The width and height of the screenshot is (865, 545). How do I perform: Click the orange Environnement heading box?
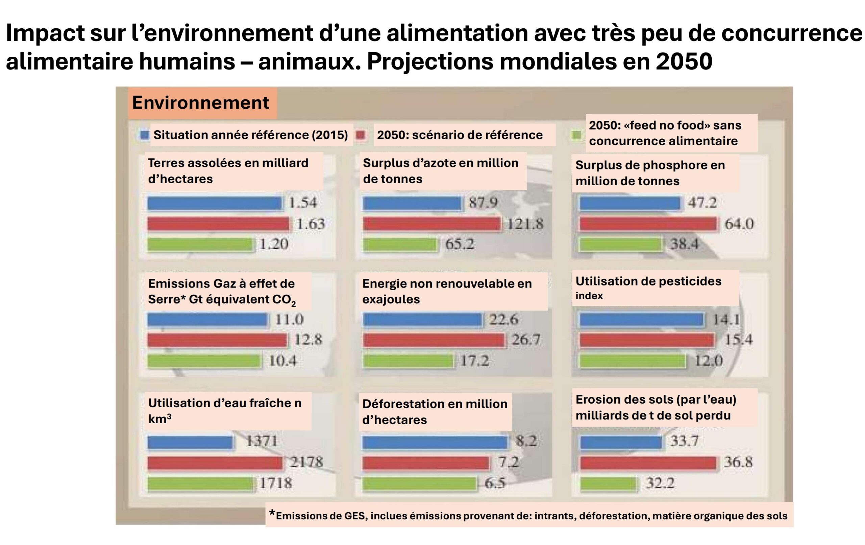202,103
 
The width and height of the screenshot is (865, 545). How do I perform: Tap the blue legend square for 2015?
144,135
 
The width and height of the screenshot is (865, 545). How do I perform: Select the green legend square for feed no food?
576,135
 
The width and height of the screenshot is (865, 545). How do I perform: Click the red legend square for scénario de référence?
360,135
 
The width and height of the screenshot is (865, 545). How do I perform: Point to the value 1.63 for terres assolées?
311,224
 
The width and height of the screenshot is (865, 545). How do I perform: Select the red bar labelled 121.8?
431,224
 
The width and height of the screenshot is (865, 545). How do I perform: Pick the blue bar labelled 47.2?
630,203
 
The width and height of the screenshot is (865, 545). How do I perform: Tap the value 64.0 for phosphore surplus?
739,224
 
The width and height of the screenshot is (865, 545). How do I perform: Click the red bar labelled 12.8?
217,340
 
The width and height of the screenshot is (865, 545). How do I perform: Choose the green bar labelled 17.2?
408,361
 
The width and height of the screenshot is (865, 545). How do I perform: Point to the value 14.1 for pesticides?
726,319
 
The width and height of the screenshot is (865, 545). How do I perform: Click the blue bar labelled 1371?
190,442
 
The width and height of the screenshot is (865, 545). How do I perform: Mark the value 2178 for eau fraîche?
306,462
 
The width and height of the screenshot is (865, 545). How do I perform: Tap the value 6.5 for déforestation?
495,483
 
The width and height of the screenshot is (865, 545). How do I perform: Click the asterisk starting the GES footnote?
272,514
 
